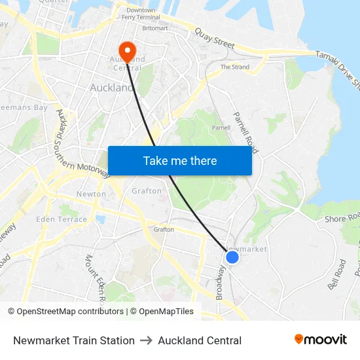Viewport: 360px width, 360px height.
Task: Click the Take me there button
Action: (x=180, y=160)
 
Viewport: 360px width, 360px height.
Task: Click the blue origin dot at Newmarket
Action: (x=232, y=257)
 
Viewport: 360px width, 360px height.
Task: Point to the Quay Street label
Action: (x=214, y=37)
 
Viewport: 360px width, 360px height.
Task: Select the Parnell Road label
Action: (x=245, y=132)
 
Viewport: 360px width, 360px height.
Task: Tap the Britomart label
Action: (x=155, y=29)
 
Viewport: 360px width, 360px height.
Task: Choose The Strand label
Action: (x=234, y=67)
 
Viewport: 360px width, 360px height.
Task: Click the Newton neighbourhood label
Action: (x=91, y=194)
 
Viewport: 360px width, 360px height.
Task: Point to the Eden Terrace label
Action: (x=62, y=219)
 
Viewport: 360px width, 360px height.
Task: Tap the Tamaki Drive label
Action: (x=338, y=69)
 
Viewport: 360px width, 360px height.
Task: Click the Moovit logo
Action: (x=321, y=340)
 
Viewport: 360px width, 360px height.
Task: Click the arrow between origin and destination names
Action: (x=146, y=340)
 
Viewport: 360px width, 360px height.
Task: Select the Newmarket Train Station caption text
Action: (x=74, y=340)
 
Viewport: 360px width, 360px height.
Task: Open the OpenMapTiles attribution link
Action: (x=162, y=312)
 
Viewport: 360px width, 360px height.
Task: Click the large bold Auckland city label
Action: (x=112, y=87)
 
